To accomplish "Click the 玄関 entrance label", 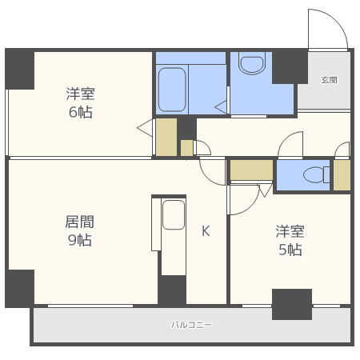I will (x=329, y=80).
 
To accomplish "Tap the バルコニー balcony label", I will (x=191, y=325).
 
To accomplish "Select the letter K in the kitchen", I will (x=206, y=231).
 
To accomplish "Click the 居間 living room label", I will (x=78, y=221).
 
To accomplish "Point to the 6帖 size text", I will (x=79, y=112).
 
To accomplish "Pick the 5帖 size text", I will (x=290, y=250).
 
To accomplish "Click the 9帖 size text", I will (x=78, y=240).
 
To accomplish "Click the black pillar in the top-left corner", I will (x=20, y=70).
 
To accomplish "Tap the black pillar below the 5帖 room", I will (x=291, y=304).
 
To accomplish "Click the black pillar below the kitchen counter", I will (x=172, y=290).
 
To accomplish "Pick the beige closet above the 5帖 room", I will (x=251, y=170).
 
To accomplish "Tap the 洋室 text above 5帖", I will (x=290, y=231).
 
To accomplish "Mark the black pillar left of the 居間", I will (x=20, y=288).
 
